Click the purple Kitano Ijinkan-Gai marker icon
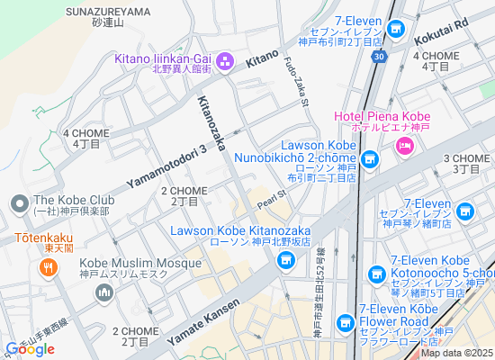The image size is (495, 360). pos(225,61)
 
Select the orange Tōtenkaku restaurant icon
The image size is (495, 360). pos(48,266)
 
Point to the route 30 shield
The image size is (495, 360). pos(381,57)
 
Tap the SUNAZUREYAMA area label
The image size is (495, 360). pos(108,11)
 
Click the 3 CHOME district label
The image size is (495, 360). pos(466,163)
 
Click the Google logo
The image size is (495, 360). pos(30,349)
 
